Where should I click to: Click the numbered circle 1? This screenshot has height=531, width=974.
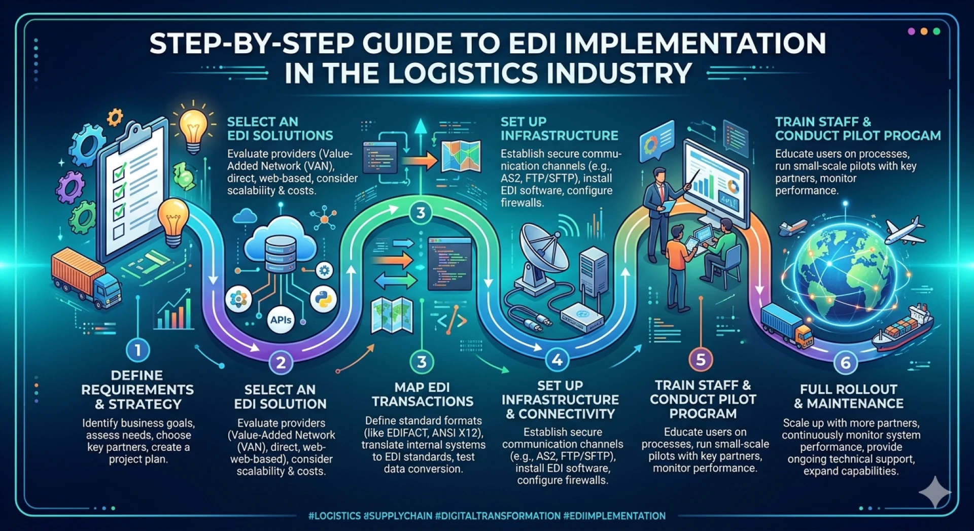point(137,350)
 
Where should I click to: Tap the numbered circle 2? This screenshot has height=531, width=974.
point(281,362)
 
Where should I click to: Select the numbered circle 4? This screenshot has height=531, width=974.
point(557,360)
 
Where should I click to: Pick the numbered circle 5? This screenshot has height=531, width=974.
point(701,360)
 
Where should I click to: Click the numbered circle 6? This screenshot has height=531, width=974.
point(845,363)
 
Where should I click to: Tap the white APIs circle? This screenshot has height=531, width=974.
point(281,320)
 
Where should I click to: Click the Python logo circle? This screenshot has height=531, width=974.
point(323,299)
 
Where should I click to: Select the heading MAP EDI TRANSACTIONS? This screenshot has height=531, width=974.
point(422,394)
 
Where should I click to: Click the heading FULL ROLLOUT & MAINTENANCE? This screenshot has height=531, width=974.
point(849,396)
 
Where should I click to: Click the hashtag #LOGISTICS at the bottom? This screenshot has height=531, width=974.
point(334,516)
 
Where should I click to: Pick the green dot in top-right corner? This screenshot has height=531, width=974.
point(936,31)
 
